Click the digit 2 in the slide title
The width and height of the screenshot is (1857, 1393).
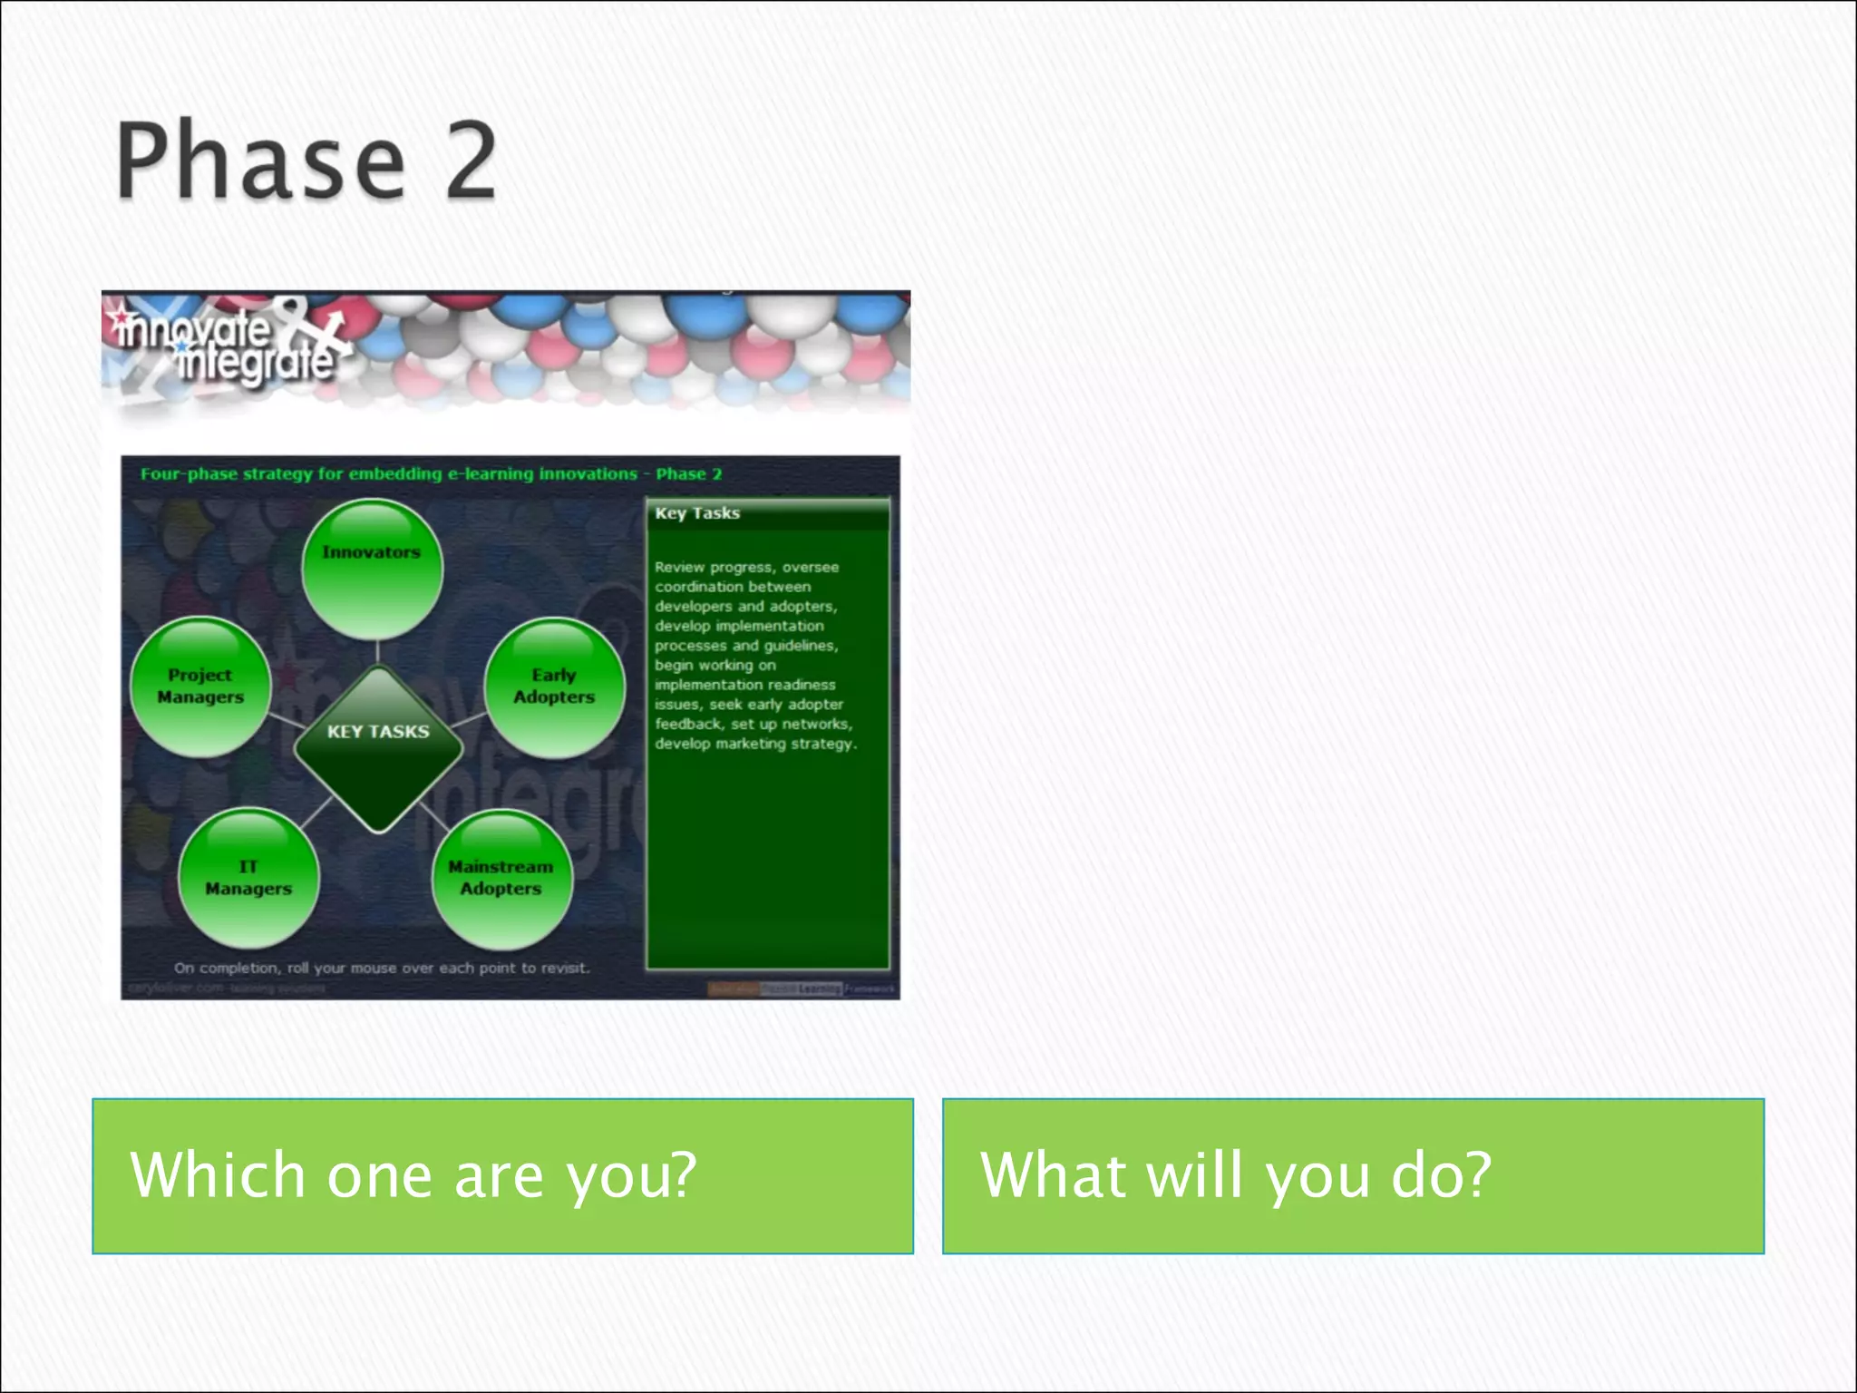click(470, 161)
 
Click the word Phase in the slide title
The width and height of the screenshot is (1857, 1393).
click(261, 161)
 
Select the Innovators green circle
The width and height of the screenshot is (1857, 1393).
click(372, 570)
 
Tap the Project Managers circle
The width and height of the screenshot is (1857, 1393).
click(200, 687)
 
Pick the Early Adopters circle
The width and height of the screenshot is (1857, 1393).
click(554, 687)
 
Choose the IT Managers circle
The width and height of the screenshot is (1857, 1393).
click(248, 878)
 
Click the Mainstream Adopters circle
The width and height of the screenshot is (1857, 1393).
click(501, 878)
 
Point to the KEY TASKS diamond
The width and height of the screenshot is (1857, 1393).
click(378, 749)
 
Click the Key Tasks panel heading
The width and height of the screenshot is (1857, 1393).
click(697, 513)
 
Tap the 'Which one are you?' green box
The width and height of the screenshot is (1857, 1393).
click(502, 1176)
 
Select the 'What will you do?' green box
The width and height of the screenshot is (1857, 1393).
click(1353, 1176)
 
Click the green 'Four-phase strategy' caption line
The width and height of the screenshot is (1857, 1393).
click(431, 474)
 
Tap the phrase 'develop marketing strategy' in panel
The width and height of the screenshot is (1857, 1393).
click(754, 744)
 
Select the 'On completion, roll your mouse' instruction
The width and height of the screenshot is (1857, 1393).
click(382, 968)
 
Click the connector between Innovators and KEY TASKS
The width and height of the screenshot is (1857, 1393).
click(377, 652)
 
